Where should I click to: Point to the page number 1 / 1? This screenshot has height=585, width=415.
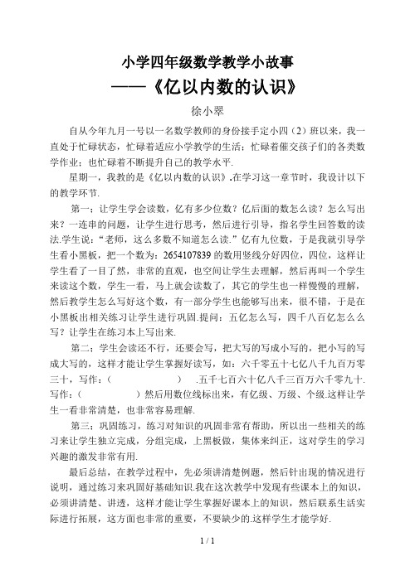[207, 564]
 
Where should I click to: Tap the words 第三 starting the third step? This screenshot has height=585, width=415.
[84, 410]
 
